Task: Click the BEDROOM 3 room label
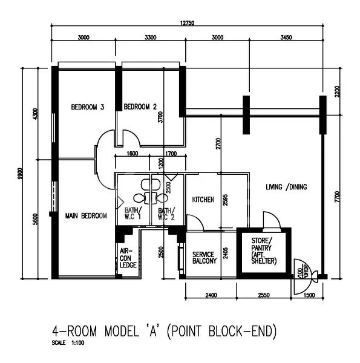pyautogui.click(x=88, y=107)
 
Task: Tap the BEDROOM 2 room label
pyautogui.click(x=140, y=107)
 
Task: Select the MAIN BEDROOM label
pyautogui.click(x=86, y=216)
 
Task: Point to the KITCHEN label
pyautogui.click(x=203, y=200)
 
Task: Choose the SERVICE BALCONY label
pyautogui.click(x=204, y=258)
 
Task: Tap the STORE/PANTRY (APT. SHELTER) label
pyautogui.click(x=264, y=250)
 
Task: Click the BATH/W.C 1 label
pyautogui.click(x=133, y=213)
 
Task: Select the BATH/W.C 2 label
pyautogui.click(x=166, y=213)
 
